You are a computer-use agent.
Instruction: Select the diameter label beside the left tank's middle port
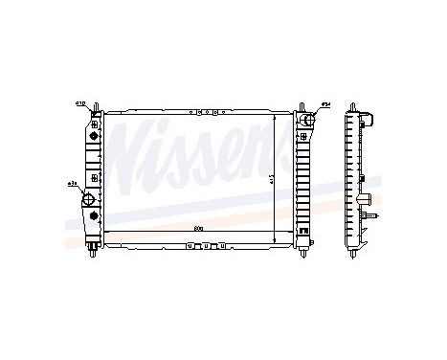73,183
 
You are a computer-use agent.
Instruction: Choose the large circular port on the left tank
90,200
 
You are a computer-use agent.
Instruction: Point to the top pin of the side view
359,104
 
